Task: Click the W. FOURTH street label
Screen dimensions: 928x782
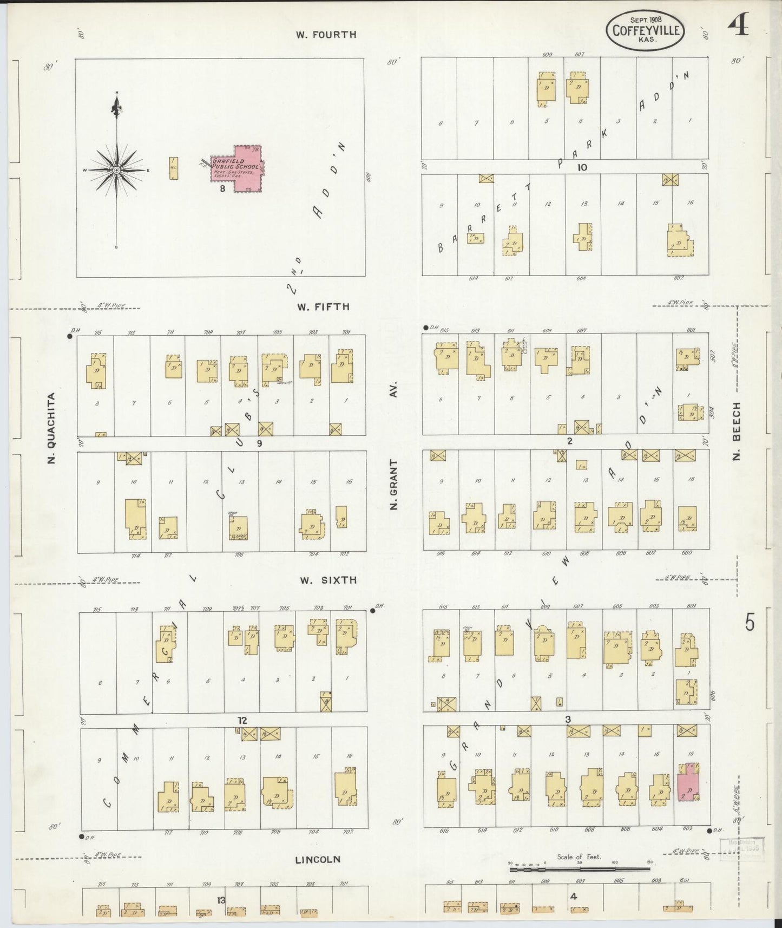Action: point(326,35)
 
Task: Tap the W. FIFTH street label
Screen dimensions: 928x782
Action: point(323,307)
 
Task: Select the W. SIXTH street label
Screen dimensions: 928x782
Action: point(328,580)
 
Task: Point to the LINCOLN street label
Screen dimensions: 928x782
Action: point(318,859)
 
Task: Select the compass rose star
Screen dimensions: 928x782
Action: point(116,170)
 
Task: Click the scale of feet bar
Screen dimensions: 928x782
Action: point(580,869)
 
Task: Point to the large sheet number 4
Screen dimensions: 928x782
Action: point(739,25)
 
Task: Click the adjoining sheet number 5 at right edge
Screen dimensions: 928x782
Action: point(750,623)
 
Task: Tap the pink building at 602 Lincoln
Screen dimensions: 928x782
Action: point(687,783)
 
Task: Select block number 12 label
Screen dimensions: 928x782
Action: point(241,721)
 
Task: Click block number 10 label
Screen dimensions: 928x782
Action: point(582,168)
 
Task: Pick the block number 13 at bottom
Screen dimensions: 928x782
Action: point(221,900)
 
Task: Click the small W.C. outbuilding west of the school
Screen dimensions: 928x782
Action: point(173,168)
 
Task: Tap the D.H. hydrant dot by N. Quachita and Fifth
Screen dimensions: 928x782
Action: point(70,336)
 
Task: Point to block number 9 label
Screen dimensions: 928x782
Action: point(259,443)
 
